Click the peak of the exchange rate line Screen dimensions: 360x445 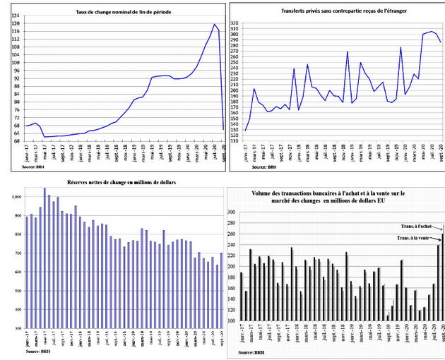(x=214, y=24)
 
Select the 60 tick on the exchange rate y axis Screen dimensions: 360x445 (x=16, y=140)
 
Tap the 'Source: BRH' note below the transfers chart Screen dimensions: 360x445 (x=252, y=167)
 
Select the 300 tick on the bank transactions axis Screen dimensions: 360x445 (x=232, y=212)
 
